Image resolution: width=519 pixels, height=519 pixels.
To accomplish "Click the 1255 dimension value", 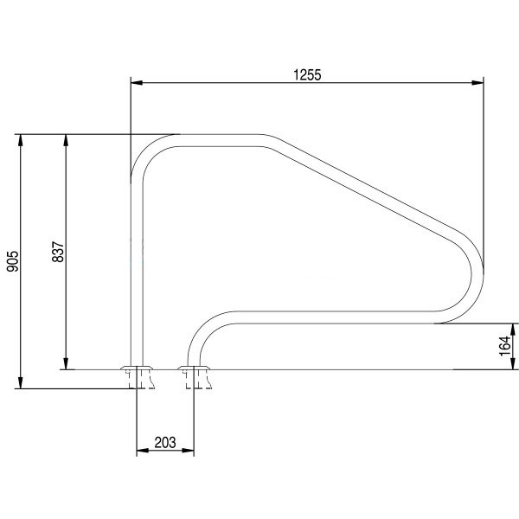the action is pos(307,75).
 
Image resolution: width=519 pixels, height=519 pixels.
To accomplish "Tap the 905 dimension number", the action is pos(13,261).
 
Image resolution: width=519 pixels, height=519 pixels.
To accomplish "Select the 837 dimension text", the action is pos(58,252).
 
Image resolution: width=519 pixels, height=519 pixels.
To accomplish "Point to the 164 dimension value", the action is pos(504,346).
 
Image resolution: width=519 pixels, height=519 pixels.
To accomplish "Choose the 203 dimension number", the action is pos(165,442).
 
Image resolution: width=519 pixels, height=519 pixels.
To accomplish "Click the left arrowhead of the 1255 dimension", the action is pos(137,82).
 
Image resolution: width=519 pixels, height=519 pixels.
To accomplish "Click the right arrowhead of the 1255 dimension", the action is pos(477,82).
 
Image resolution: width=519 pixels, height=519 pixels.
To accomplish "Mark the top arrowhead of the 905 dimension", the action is pos(21,140).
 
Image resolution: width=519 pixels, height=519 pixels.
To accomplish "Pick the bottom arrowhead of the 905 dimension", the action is pos(21,382).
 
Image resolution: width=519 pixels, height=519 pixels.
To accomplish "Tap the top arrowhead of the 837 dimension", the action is pos(66,140).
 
